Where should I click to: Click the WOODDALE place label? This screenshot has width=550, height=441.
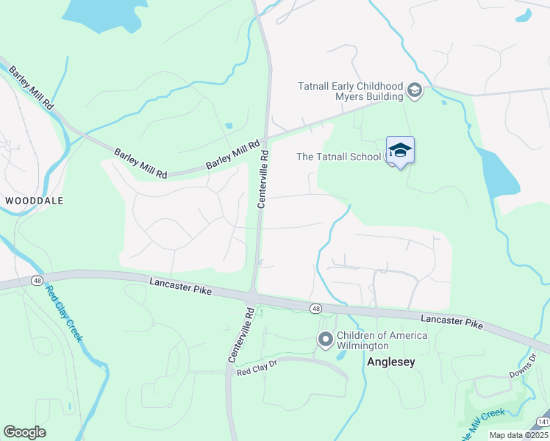(34, 200)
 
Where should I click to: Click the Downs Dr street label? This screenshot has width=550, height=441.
(523, 367)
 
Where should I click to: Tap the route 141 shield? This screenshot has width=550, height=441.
(543, 421)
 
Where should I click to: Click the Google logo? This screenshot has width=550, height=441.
(24, 432)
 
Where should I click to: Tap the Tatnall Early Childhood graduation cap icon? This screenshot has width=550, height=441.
(414, 91)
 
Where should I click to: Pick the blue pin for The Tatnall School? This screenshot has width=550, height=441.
(400, 151)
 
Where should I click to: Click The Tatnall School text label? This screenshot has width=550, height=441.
(338, 156)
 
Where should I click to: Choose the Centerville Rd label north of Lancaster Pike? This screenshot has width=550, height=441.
(262, 180)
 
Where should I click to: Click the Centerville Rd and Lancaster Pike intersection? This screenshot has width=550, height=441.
(252, 296)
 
